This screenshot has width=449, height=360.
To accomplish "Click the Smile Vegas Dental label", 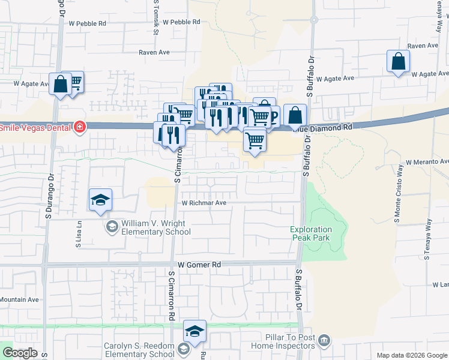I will coord(35,127).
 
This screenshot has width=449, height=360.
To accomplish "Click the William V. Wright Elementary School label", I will coord(148,227).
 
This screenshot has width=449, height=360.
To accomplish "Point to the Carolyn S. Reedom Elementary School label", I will coord(139,350).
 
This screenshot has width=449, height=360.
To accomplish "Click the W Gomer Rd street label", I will coord(200,265).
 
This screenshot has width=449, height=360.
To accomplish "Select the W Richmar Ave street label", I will coord(204,203).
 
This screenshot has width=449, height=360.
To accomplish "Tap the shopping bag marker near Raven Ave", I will coord(399,62).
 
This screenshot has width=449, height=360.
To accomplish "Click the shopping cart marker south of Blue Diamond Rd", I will coord(255,141).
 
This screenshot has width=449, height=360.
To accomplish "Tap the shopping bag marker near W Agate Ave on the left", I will coord(61,85).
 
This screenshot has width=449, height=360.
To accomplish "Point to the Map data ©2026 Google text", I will coord(411,355).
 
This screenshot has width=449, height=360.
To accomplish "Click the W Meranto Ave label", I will coord(427,162).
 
